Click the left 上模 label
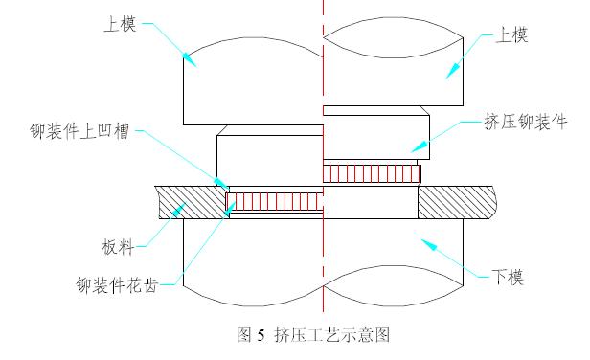pos(121,24)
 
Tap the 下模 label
pos(508,278)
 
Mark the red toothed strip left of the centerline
pos(274,202)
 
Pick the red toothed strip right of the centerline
pos(372,173)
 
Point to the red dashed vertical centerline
pos(323,96)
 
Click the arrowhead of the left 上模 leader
pos(190,62)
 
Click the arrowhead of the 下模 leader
pos(428,244)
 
